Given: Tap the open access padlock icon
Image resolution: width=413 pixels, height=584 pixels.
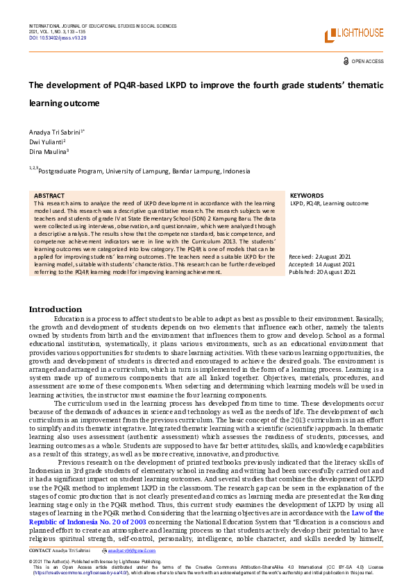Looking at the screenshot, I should (346, 61).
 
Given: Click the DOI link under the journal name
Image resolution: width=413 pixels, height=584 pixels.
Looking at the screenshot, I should (58, 38).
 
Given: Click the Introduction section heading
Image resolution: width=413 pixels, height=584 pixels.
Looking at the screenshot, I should (55, 309).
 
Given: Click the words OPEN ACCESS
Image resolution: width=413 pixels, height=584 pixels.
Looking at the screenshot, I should (368, 62).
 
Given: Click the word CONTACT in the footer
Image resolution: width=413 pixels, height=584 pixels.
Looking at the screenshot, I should (40, 549).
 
